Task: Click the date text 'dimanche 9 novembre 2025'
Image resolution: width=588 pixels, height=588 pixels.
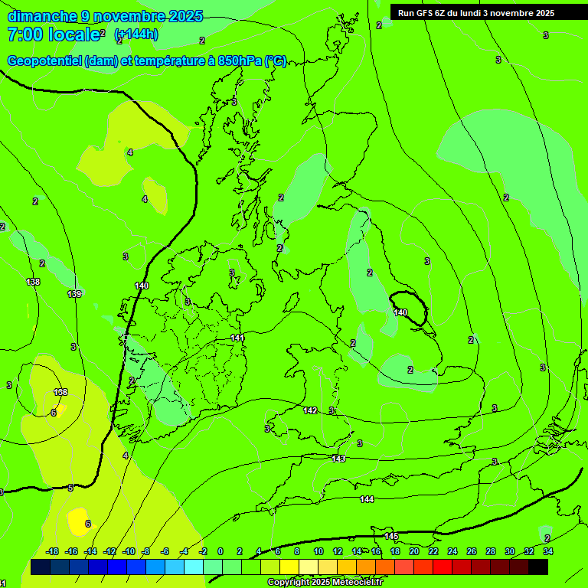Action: tap(105, 16)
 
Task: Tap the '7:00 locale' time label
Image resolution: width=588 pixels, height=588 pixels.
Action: tap(54, 34)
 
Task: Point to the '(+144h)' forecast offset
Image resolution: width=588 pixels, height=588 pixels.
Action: tap(136, 34)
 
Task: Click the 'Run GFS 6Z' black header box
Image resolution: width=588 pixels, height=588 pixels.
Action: tap(476, 13)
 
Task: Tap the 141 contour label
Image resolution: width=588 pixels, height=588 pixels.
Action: tap(237, 338)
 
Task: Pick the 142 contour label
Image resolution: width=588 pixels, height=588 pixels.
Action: tap(310, 411)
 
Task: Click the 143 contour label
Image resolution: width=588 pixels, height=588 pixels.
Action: tap(338, 459)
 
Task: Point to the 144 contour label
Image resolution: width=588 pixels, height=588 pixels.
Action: tap(367, 499)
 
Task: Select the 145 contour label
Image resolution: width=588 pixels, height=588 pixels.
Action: tap(391, 536)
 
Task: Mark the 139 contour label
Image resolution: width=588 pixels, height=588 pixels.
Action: tap(74, 294)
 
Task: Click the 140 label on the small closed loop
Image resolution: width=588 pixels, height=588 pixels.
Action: tap(401, 312)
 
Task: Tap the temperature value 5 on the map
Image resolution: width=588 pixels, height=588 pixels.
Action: tap(70, 488)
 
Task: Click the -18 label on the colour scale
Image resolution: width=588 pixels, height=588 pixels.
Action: tap(53, 552)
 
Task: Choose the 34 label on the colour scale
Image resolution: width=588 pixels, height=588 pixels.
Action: tap(548, 552)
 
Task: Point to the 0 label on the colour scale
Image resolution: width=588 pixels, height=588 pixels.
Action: tap(220, 552)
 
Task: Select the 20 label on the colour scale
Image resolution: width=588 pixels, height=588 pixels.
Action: tap(414, 552)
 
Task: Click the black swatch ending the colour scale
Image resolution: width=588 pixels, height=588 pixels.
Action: tap(537, 567)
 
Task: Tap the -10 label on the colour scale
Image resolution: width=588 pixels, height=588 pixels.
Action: tap(129, 552)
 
